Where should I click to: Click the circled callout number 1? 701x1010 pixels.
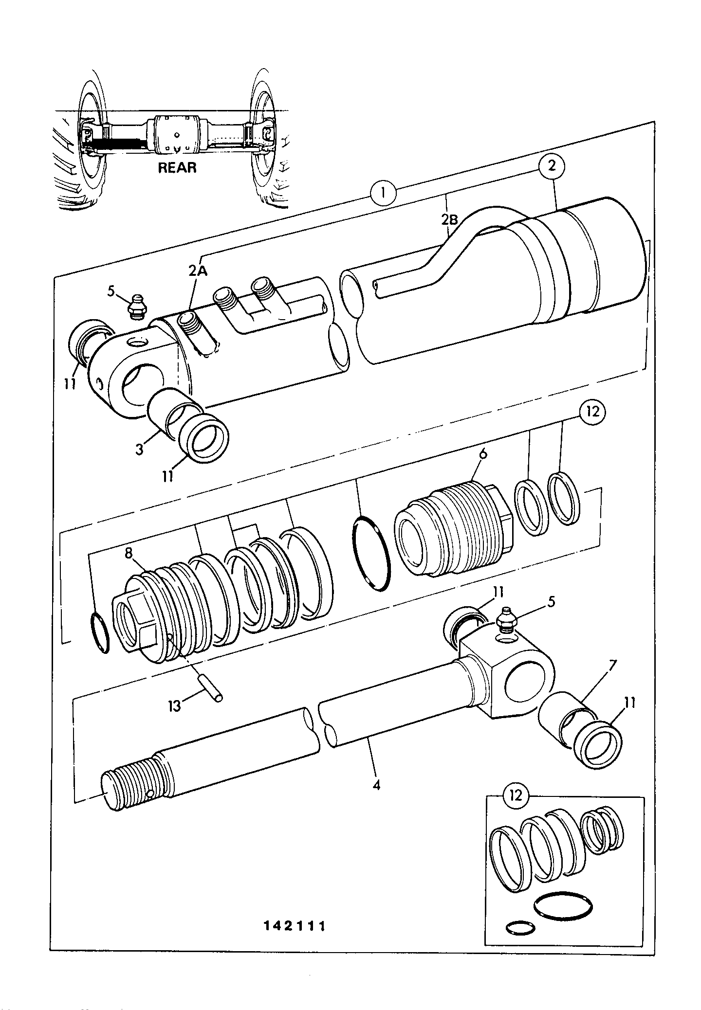[x=383, y=194]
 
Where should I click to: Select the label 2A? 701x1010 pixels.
[x=198, y=271]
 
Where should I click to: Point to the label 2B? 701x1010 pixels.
[x=450, y=219]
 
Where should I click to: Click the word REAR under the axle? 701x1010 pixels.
[x=177, y=168]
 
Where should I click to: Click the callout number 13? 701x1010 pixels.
[x=174, y=705]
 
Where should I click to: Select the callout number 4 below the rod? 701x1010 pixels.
[x=376, y=785]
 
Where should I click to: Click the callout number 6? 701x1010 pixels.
[x=483, y=454]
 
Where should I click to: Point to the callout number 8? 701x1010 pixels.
[x=129, y=554]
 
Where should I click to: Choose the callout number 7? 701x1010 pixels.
[x=613, y=664]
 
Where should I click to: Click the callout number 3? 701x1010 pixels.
[x=140, y=449]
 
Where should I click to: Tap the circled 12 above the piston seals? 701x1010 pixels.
[x=592, y=412]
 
